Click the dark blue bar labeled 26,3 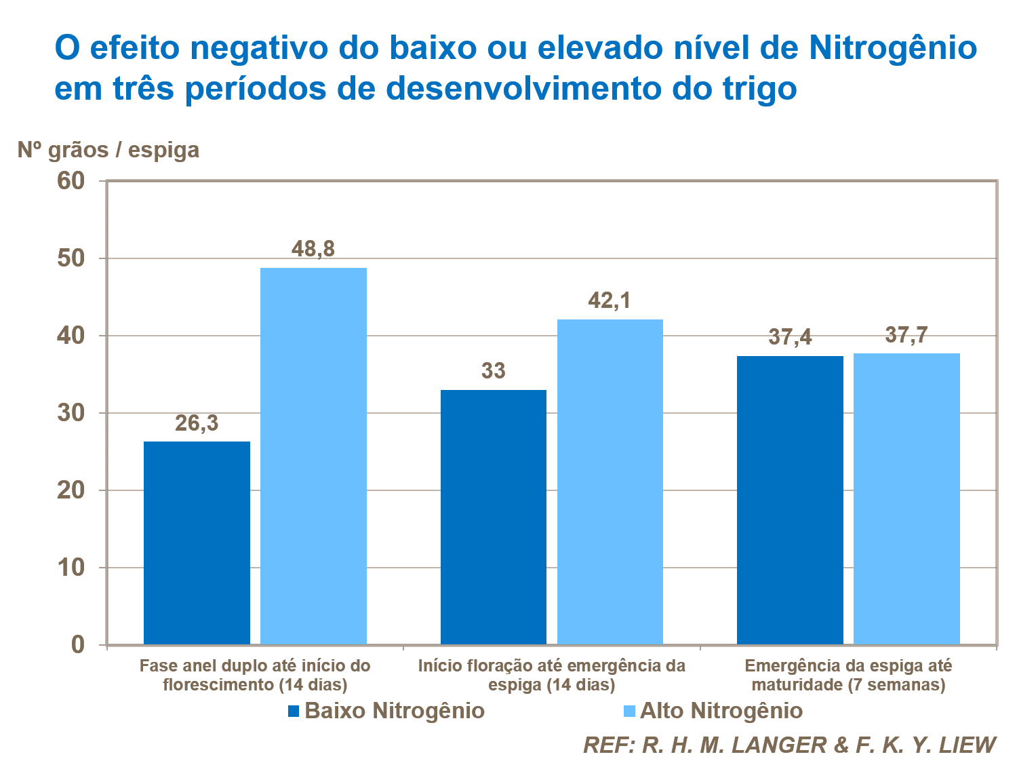197,543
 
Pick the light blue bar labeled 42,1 610,482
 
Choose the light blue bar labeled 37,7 906,498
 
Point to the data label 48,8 313,249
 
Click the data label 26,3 197,423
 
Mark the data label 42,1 610,300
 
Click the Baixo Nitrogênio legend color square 294,711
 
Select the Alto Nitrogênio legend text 721,711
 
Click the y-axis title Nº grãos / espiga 108,149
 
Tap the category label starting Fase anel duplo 255,675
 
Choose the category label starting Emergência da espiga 848,675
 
